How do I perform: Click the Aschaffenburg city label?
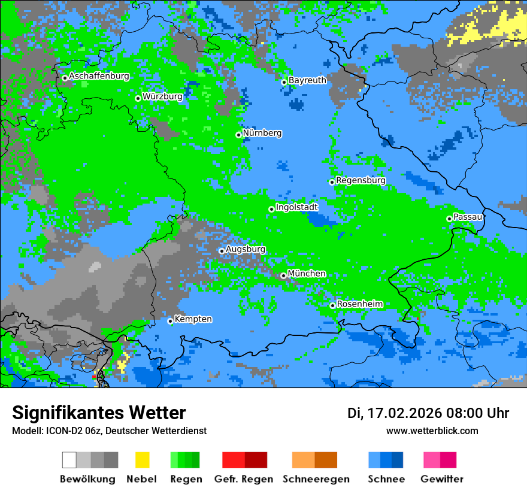tap(99, 76)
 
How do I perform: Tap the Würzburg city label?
tap(162, 96)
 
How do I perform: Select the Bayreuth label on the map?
tap(307, 80)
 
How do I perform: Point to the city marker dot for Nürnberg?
tap(238, 135)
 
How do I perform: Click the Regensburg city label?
tap(361, 180)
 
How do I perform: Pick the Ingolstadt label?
tap(296, 207)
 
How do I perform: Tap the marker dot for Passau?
tap(449, 219)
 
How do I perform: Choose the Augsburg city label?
tap(246, 249)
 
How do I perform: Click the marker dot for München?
tap(283, 275)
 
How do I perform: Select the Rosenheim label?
tap(359, 304)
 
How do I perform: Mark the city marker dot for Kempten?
tap(170, 321)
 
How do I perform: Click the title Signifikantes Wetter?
tap(99, 413)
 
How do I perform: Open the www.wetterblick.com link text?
tap(432, 431)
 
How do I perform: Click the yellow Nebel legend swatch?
tap(142, 460)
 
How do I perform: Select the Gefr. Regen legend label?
tap(244, 479)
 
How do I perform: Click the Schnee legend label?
tap(386, 479)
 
